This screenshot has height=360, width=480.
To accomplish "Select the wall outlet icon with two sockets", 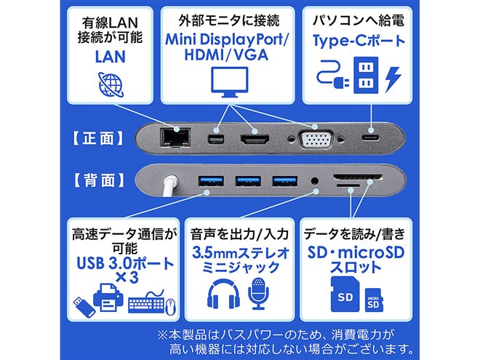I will tap(362, 76).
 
